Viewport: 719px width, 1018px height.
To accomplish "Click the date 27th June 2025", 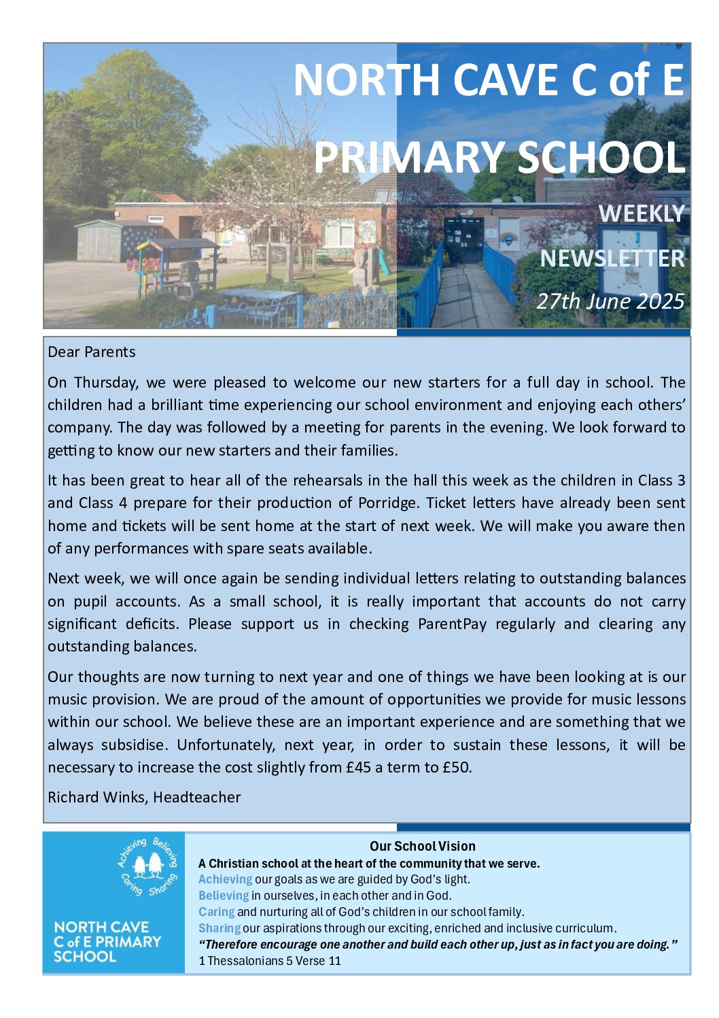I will (x=610, y=301).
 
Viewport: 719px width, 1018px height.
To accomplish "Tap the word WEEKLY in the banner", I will (x=641, y=214).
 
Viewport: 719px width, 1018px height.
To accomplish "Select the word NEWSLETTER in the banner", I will (x=612, y=258).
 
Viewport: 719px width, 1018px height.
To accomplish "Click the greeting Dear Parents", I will (x=92, y=352).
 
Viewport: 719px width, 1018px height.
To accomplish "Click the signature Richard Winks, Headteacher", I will (x=144, y=798).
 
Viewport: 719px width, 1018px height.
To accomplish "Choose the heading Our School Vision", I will (x=422, y=847).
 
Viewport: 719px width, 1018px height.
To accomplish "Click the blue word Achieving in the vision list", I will (x=225, y=879).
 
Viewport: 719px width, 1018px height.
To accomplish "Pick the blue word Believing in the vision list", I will (x=224, y=896).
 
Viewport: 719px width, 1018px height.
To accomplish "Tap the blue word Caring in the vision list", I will (x=216, y=912).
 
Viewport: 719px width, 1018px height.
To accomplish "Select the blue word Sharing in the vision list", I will (x=219, y=928).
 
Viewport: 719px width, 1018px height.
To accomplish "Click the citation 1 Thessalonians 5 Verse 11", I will (x=270, y=961).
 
